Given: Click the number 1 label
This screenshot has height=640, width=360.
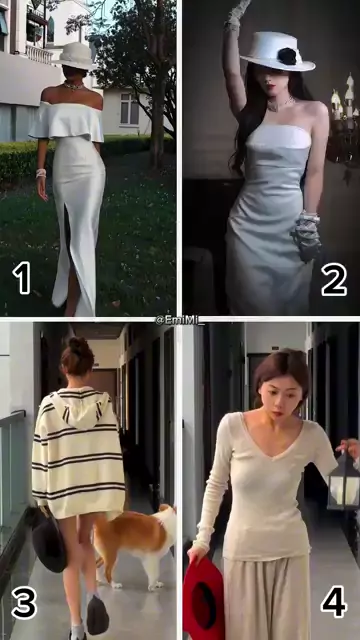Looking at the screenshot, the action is coord(22,278).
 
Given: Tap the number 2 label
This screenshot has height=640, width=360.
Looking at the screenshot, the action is coord(334,280).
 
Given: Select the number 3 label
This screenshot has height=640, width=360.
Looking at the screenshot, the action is coord(24,604).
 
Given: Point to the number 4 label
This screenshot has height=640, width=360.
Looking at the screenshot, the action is coord(334,602).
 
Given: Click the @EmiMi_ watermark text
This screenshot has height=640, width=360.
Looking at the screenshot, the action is coord(180,320).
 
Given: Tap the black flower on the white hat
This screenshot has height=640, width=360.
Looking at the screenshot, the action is coord(287,56).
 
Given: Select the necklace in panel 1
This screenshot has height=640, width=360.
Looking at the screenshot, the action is coord(73,87).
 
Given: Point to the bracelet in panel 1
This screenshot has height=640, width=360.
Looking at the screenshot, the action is coord(41,173).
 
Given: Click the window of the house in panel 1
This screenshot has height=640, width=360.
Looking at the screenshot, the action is coord(130,108).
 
